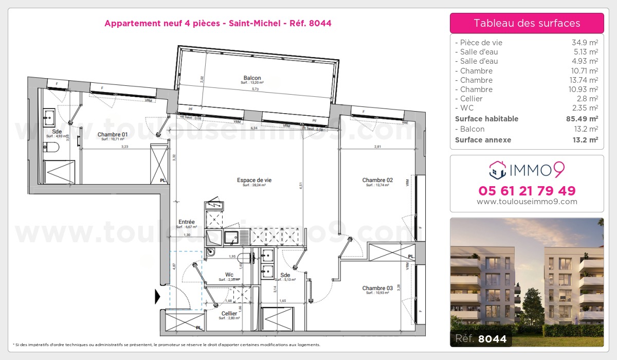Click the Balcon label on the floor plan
[x=252, y=78]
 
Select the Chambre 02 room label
[x=377, y=180]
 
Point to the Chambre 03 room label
[x=377, y=288]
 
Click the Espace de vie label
[x=254, y=180]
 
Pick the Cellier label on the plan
[x=229, y=313]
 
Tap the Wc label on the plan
[x=229, y=275]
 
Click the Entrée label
[x=186, y=222]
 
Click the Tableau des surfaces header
[x=527, y=23]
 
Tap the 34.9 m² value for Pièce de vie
[x=586, y=43]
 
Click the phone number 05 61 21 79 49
[x=527, y=191]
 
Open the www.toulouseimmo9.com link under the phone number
[x=527, y=202]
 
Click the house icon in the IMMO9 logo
[x=496, y=169]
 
